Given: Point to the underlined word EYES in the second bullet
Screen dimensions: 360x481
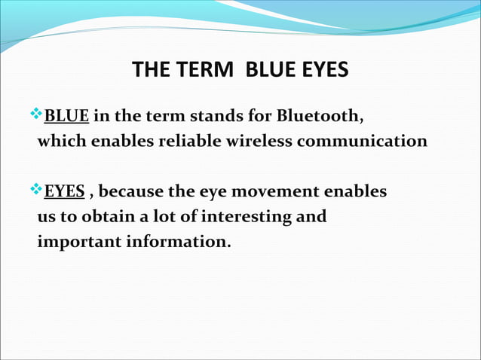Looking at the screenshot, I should (x=64, y=191).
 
